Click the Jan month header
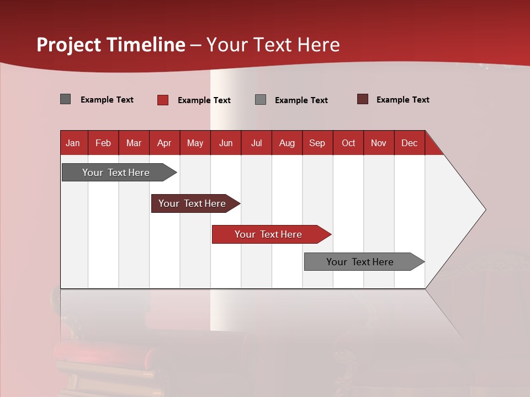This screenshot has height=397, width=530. [x=73, y=143]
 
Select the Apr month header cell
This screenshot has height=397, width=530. [x=165, y=143]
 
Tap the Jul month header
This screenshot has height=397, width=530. [x=256, y=143]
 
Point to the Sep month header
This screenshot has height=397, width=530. [x=317, y=143]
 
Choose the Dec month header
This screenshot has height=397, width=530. [x=409, y=143]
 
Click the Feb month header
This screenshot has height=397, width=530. [x=103, y=143]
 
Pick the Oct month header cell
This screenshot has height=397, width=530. [x=348, y=143]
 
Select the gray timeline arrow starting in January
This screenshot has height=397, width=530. [x=116, y=173]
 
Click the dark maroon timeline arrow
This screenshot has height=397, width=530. [x=192, y=203]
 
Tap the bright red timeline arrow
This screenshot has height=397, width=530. [x=268, y=234]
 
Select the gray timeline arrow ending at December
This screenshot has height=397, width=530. [x=360, y=262]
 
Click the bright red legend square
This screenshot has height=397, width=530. [x=163, y=100]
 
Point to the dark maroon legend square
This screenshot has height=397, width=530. [x=363, y=99]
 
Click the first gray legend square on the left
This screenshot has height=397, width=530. [x=66, y=99]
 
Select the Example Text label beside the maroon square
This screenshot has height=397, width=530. [x=402, y=100]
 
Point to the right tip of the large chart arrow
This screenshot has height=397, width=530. [x=484, y=210]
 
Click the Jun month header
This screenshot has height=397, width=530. [x=226, y=143]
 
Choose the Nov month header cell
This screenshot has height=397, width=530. [x=379, y=143]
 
